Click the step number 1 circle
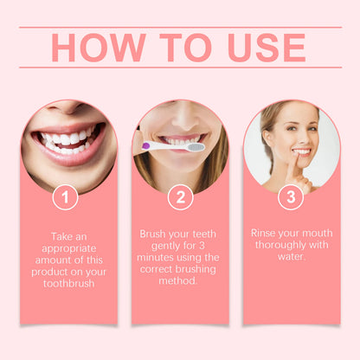(66, 197)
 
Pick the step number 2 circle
(180, 197)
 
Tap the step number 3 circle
(291, 197)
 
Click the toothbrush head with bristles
(195, 146)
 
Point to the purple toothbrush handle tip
(146, 146)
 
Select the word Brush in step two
(155, 234)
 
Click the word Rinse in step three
(265, 233)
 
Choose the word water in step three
(292, 257)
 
